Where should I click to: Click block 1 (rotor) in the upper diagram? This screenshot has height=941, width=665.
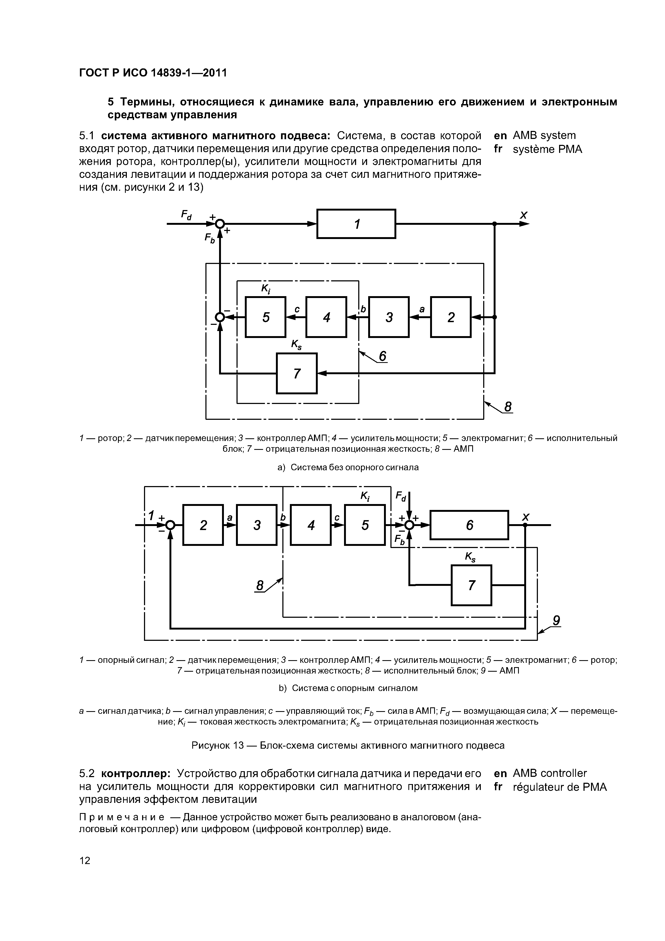point(356,224)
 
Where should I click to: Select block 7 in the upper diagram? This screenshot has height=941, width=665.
point(297,373)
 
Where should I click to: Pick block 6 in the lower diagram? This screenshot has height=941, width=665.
point(469,525)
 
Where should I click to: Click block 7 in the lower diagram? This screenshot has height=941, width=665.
point(471,585)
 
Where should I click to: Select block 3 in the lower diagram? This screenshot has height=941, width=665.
point(257,525)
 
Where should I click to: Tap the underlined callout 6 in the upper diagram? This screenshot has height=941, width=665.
point(382,356)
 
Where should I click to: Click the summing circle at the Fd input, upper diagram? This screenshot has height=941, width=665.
point(220,224)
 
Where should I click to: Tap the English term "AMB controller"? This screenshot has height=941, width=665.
point(550,773)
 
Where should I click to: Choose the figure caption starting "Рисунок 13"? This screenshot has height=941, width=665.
point(348,745)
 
